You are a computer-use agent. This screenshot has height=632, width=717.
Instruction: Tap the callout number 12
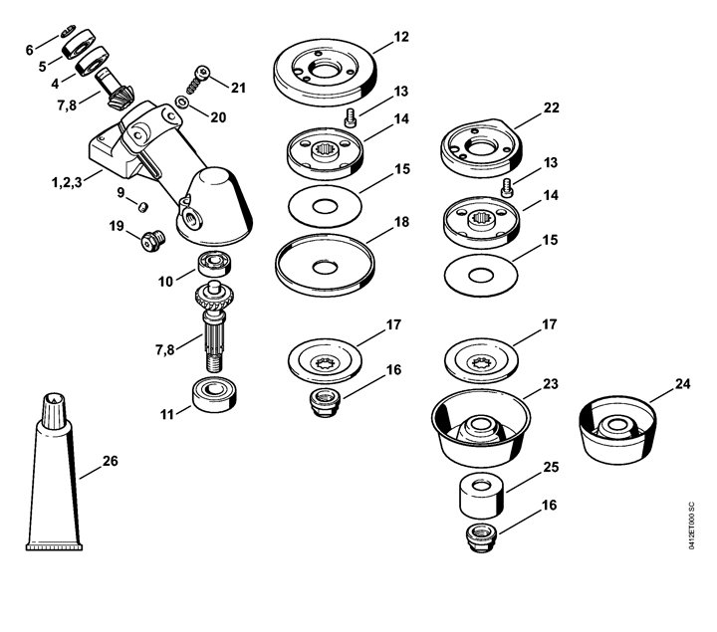401,37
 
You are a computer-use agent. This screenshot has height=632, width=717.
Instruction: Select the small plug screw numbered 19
152,241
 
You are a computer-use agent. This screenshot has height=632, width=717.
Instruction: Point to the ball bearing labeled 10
214,264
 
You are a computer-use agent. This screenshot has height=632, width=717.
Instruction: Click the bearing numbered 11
214,395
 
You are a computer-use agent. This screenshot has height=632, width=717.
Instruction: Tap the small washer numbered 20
181,102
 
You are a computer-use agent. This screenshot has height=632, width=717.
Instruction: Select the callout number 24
682,384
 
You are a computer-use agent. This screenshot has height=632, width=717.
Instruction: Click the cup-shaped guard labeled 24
617,430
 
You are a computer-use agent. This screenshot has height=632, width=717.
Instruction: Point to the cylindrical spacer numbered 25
482,496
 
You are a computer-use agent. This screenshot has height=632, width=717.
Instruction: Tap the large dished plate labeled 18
325,265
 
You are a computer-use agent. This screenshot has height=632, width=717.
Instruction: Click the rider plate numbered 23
481,432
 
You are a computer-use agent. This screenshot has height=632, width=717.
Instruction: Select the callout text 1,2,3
67,182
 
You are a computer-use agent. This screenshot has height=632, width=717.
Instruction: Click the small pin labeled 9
144,207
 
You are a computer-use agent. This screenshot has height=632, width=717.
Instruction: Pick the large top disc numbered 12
325,73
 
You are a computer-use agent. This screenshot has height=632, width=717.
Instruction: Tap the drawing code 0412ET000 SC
691,526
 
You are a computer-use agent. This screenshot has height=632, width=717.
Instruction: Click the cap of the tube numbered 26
54,411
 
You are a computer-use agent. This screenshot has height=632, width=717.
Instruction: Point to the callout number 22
551,107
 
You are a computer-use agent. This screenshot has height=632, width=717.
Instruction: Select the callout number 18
401,222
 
